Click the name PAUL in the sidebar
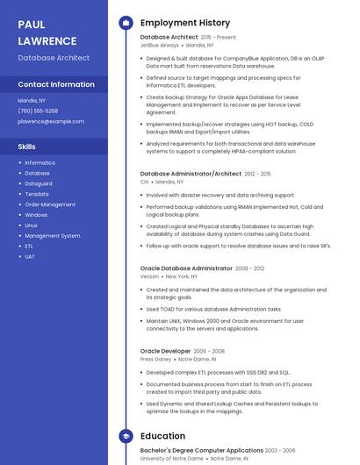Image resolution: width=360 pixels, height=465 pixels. pos(32,25)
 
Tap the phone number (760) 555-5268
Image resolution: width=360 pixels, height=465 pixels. pos(38,111)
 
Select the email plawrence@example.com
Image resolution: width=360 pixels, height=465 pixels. pos(51,121)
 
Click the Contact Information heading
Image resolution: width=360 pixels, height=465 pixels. pos(56,85)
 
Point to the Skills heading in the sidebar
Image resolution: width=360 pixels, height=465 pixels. pos(26,147)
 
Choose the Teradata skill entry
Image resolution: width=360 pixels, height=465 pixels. pos(37,194)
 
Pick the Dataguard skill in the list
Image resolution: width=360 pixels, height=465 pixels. pos(39,183)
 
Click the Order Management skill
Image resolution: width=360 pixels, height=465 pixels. pos(50,204)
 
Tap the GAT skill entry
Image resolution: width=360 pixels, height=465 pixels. pos(30,257)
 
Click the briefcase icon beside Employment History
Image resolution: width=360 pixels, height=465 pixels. pos(125,23)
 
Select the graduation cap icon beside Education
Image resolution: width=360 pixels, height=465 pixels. pos(125,436)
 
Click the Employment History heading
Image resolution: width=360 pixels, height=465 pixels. pos(185,23)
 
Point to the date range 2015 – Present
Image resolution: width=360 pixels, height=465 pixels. pos(219,38)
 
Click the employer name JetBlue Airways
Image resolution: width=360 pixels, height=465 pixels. pos(160,45)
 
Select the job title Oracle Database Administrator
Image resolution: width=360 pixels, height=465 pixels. pos(186,268)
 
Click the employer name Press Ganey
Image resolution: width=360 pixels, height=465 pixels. pos(155,359)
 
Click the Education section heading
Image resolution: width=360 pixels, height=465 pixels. pos(162,436)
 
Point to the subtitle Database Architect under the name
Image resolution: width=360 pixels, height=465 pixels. pos(54,58)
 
